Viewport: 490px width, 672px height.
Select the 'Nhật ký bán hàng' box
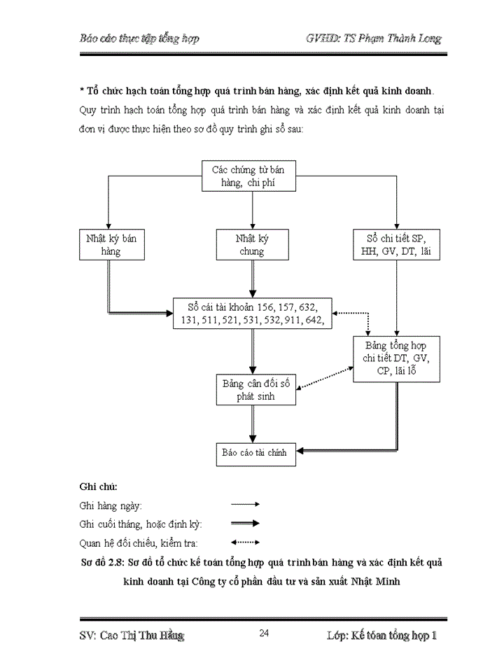(x=110, y=245)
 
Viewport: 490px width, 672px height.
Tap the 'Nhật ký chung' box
(x=252, y=245)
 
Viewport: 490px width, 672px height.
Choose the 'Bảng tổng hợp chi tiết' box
(x=396, y=358)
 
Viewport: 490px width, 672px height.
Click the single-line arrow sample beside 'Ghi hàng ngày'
(x=245, y=504)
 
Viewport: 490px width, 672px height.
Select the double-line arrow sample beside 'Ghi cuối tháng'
(x=245, y=523)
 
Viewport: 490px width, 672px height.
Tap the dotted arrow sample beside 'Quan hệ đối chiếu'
(x=245, y=542)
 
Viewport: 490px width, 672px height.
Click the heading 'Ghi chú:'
(x=99, y=486)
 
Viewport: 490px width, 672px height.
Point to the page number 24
(x=264, y=633)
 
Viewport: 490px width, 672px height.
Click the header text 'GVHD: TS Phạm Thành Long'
(x=374, y=38)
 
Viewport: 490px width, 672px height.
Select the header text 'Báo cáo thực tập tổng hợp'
(x=139, y=38)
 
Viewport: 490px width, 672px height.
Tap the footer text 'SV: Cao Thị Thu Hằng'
(x=132, y=636)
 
